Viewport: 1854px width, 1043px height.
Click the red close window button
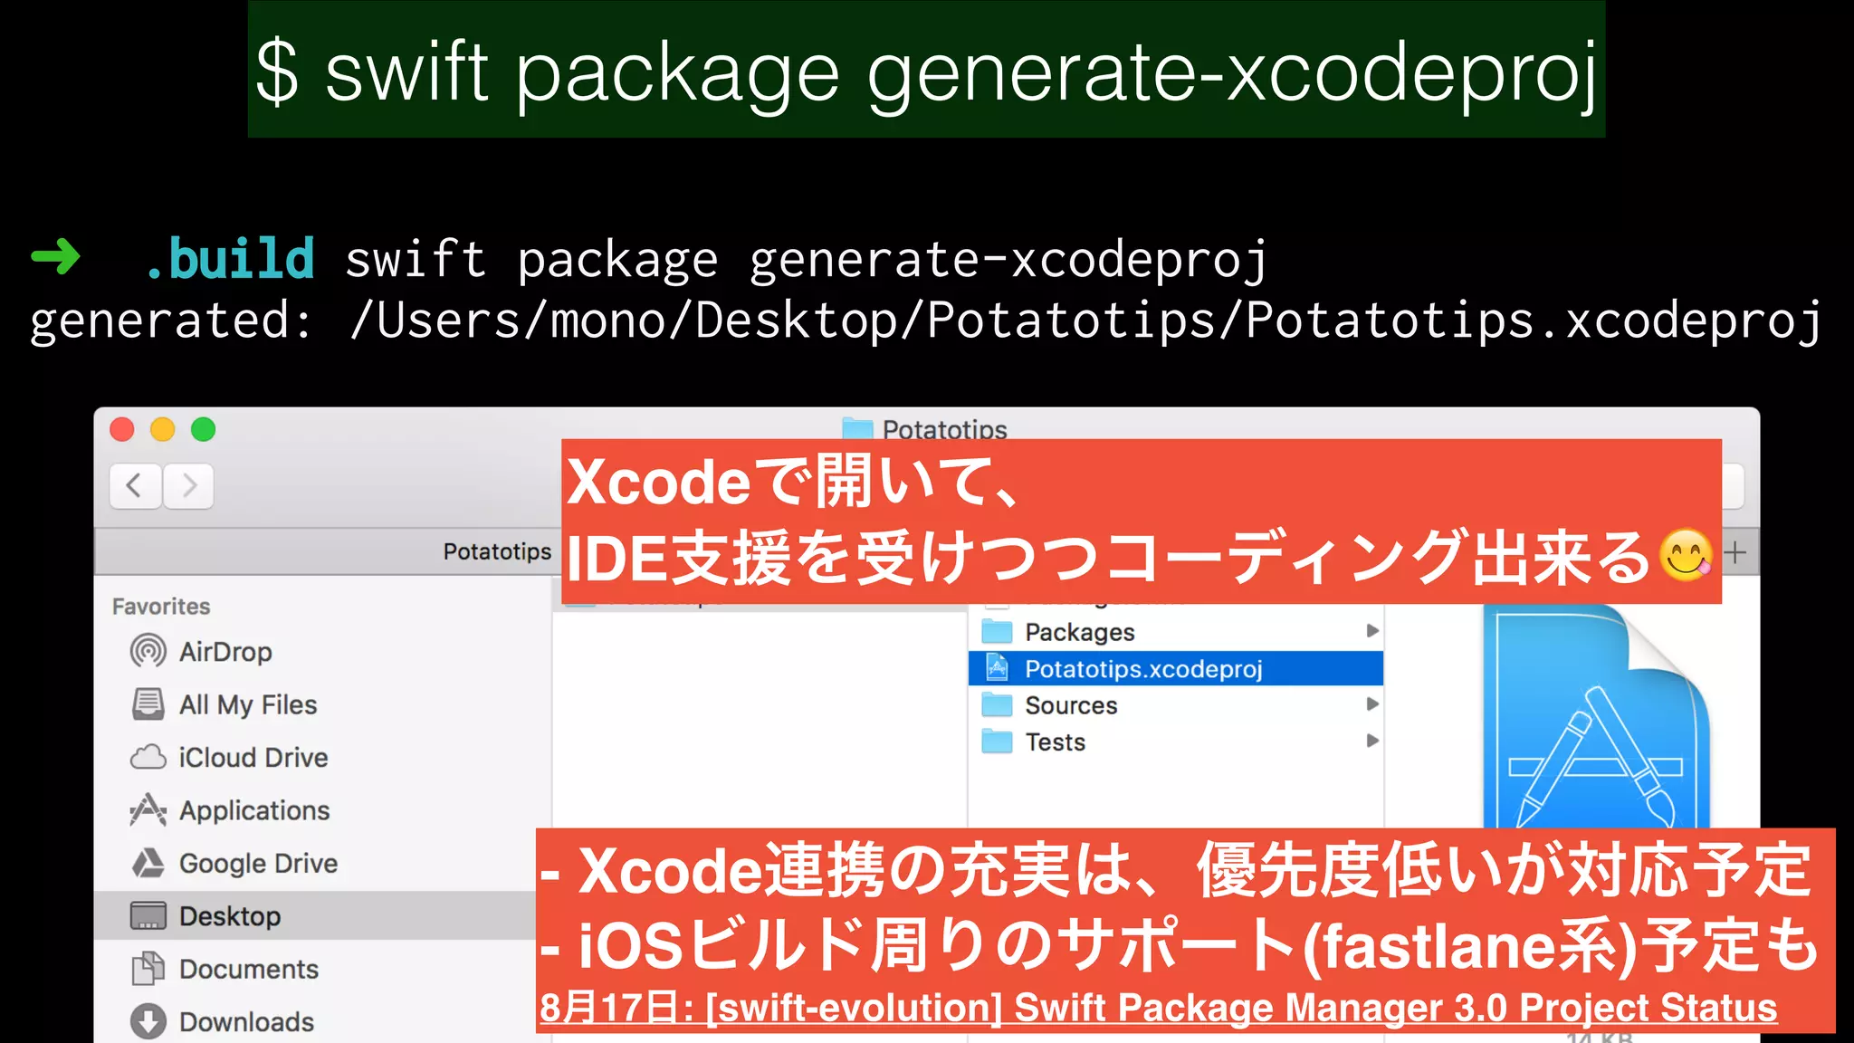(122, 429)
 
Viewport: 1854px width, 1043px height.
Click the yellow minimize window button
(163, 429)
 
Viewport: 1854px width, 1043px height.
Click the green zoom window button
(204, 429)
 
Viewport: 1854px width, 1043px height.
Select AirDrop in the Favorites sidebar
(225, 652)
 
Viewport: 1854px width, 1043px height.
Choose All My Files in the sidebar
(247, 704)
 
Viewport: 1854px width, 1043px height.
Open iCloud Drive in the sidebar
(253, 757)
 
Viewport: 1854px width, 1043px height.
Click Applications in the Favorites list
(253, 810)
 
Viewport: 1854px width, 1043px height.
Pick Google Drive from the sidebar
(258, 863)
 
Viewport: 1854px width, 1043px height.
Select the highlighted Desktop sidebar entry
(230, 916)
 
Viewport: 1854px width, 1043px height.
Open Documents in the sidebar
(248, 969)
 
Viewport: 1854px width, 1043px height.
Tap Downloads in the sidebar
(246, 1021)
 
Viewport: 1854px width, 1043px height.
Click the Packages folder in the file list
(1079, 632)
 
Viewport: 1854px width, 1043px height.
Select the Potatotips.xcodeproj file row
(1142, 669)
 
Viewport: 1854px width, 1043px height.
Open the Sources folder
(1071, 705)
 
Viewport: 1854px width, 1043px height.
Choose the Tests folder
(1055, 742)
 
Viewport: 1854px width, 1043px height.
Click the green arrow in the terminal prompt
(56, 258)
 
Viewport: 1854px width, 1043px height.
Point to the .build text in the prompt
(230, 259)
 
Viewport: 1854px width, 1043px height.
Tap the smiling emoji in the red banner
(1686, 555)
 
